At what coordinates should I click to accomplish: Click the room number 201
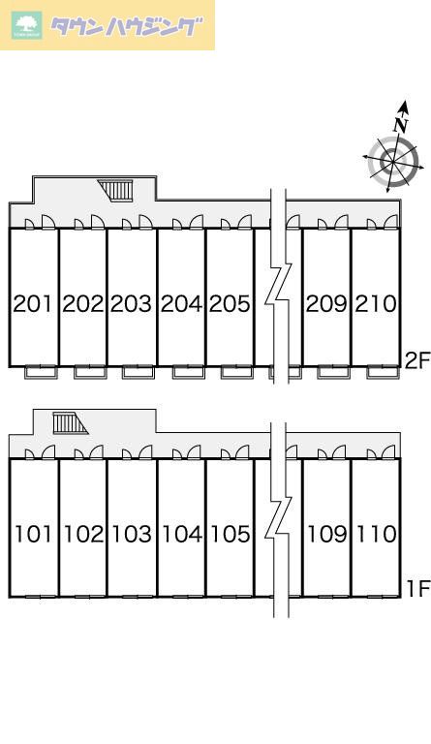(x=32, y=303)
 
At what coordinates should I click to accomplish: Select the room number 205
(x=230, y=303)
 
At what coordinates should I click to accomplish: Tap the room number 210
(x=376, y=303)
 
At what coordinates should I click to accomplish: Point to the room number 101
(x=33, y=534)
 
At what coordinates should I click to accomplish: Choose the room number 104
(x=182, y=534)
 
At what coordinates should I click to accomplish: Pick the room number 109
(x=326, y=534)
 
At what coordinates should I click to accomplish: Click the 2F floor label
(x=416, y=360)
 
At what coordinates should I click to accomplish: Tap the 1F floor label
(x=417, y=589)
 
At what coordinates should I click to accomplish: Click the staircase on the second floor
(x=115, y=190)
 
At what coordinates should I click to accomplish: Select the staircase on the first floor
(x=70, y=423)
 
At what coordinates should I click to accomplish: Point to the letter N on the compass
(x=401, y=125)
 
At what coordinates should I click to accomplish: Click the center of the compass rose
(x=393, y=162)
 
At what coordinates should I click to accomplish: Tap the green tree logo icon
(x=27, y=25)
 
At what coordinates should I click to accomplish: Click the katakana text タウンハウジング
(x=126, y=26)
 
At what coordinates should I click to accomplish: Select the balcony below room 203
(x=138, y=372)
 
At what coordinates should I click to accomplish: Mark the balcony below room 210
(x=383, y=372)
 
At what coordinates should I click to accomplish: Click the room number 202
(x=83, y=303)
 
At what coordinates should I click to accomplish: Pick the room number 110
(x=377, y=534)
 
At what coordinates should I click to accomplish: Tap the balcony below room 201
(x=41, y=372)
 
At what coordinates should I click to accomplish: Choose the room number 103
(x=132, y=534)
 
